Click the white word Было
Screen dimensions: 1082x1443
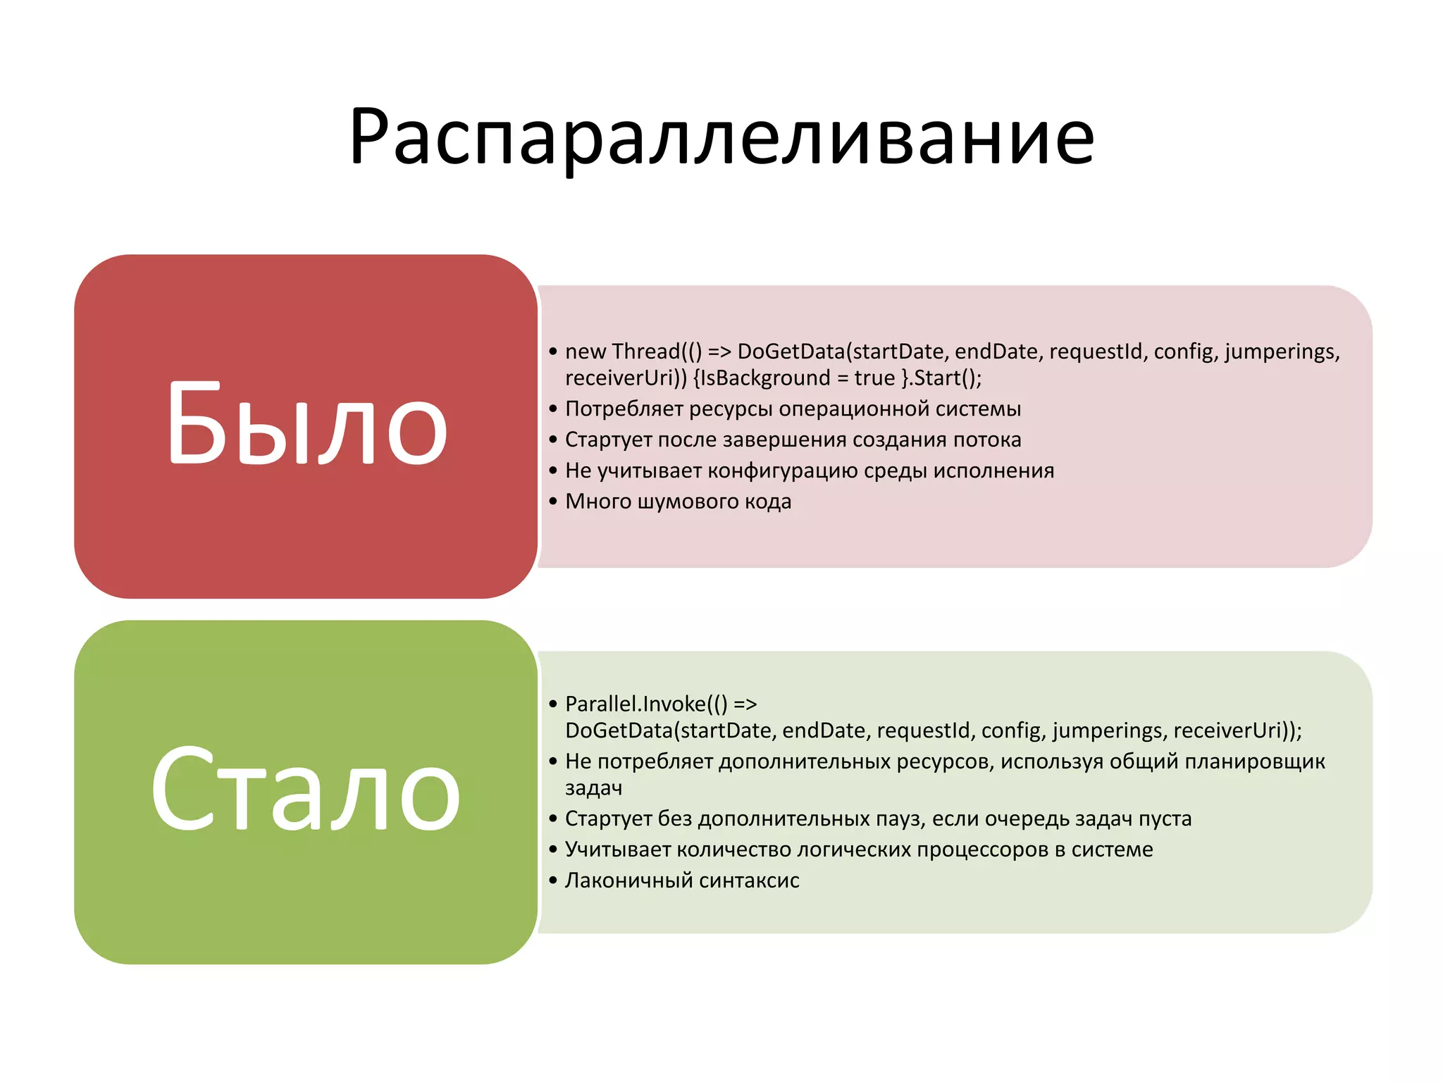(x=307, y=425)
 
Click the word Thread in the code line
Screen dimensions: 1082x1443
(x=645, y=351)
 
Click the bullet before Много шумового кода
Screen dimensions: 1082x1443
(x=553, y=502)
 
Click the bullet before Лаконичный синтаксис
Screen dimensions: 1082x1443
(x=553, y=881)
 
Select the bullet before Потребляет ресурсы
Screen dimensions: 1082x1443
(x=553, y=409)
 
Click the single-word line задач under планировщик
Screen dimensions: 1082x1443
(x=593, y=788)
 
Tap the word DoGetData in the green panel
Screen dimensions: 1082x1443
(x=619, y=730)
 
